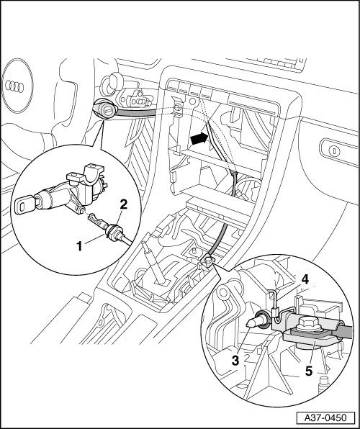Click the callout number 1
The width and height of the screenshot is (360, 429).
pyautogui.click(x=79, y=246)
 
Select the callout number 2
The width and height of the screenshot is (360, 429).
pyautogui.click(x=123, y=204)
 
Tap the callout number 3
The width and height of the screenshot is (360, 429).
pyautogui.click(x=235, y=361)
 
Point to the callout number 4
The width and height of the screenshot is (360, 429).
pyautogui.click(x=305, y=279)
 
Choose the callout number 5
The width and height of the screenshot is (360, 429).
pyautogui.click(x=309, y=371)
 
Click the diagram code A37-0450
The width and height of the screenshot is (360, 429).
pyautogui.click(x=325, y=417)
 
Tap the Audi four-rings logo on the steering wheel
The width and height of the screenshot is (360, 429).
pyautogui.click(x=14, y=86)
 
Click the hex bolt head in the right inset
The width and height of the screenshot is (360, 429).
pyautogui.click(x=308, y=323)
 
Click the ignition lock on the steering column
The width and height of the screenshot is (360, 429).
pyautogui.click(x=105, y=109)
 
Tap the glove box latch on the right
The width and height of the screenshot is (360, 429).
pyautogui.click(x=334, y=150)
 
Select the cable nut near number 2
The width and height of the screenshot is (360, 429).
pyautogui.click(x=114, y=232)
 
